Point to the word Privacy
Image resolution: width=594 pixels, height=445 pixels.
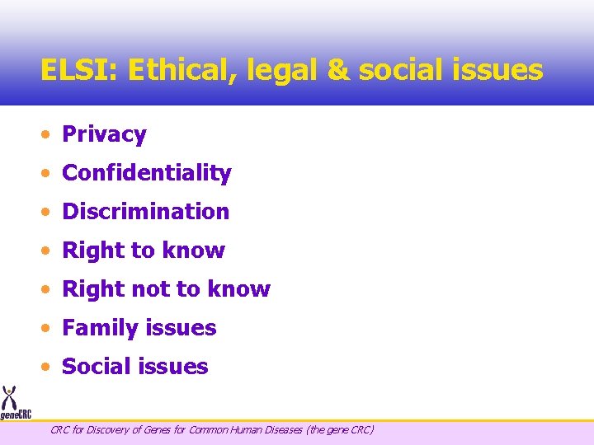click(104, 134)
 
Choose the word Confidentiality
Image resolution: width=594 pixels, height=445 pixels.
click(147, 173)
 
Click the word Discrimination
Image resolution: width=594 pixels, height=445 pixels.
click(146, 212)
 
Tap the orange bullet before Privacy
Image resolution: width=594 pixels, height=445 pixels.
click(50, 135)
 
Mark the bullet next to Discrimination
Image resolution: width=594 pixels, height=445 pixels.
click(50, 213)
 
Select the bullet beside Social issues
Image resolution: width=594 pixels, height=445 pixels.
click(50, 368)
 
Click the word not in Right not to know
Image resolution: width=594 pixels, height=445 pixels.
click(148, 289)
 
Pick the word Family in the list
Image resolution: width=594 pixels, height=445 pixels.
click(100, 328)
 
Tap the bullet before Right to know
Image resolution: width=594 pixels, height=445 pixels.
click(50, 251)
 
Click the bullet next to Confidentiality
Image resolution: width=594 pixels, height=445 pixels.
click(50, 174)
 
